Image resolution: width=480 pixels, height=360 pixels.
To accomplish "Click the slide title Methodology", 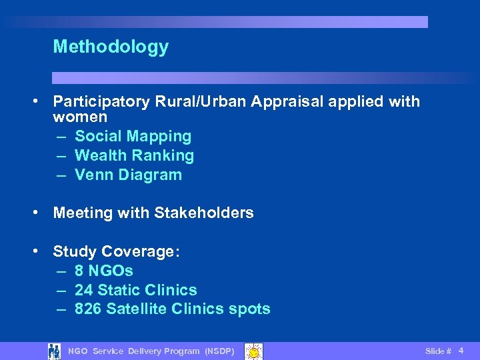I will coord(111,47).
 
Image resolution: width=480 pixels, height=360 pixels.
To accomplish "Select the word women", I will coord(80,117).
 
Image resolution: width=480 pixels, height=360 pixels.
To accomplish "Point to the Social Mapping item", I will coord(133,137).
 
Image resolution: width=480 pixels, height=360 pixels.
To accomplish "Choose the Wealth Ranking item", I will coord(134,156).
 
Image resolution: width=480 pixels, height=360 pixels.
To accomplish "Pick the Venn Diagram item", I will coord(128,175).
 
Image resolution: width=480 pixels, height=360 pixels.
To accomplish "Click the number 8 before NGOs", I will coord(79,271).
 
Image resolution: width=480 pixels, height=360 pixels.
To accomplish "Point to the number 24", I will coord(83,291).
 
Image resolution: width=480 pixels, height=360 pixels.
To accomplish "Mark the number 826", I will coord(88,309).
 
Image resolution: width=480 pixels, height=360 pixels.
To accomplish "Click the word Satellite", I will coord(136,309).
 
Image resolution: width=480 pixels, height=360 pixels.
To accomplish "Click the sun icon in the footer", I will coord(253,351).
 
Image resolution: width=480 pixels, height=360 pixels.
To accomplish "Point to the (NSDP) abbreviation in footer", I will coord(219,351).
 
